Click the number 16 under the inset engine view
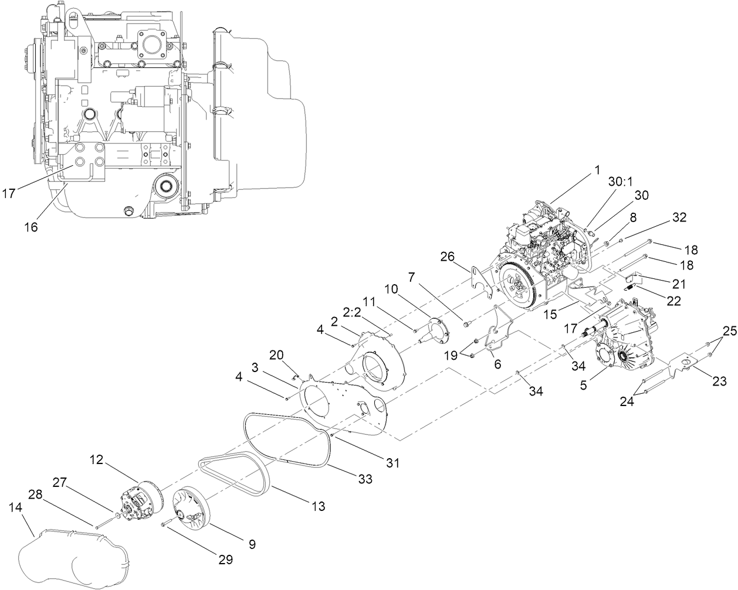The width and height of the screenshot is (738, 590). click(31, 227)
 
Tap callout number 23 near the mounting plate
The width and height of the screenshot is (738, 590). click(720, 382)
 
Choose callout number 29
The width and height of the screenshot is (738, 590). click(225, 560)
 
